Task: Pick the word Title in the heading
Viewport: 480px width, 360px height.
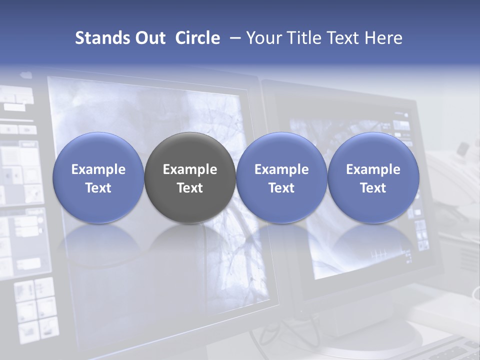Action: coord(300,38)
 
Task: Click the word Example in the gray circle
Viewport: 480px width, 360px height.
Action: coord(190,169)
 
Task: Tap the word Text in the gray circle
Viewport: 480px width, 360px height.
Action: coord(190,188)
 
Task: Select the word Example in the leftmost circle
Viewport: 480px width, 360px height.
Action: coord(98,169)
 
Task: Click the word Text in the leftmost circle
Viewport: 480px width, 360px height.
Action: coord(98,188)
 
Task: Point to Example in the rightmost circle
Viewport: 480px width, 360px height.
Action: coord(373,169)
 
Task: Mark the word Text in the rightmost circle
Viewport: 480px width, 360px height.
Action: coord(373,188)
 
